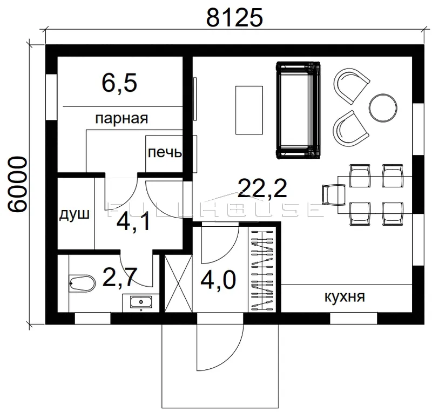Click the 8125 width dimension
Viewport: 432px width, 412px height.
234,17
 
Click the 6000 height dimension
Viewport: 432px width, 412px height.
17,184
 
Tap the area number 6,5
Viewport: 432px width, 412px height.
119,84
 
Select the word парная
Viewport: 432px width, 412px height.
122,118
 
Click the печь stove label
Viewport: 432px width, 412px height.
165,152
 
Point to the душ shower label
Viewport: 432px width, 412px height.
75,214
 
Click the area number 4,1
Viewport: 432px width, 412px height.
133,222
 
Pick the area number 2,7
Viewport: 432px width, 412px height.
119,277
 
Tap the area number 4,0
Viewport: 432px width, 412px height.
218,280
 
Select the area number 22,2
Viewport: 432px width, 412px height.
262,188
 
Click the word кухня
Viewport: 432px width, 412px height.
345,297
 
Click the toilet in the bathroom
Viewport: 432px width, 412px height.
82,283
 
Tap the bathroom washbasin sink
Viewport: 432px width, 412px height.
141,302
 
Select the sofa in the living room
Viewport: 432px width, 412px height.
298,110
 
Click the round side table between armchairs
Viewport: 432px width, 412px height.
383,108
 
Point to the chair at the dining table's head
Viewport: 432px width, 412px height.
334,195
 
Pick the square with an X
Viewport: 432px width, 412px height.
178,283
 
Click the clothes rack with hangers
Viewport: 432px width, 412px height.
262,269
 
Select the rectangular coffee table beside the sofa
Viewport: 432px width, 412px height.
249,110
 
